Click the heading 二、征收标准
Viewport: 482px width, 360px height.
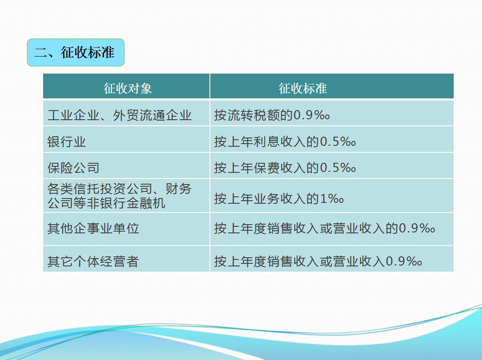tap(74, 52)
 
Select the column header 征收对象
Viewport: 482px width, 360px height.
tap(128, 88)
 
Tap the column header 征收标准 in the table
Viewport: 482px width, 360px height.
tap(303, 88)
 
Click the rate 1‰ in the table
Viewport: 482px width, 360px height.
tap(332, 199)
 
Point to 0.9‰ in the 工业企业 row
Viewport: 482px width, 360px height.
tap(312, 115)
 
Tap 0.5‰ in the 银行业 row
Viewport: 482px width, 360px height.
tap(338, 142)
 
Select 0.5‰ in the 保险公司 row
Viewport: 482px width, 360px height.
tap(338, 168)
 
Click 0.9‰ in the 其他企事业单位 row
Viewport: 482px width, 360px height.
tap(417, 229)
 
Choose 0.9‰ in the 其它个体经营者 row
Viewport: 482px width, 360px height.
tap(404, 262)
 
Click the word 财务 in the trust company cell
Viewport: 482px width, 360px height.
tap(179, 189)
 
